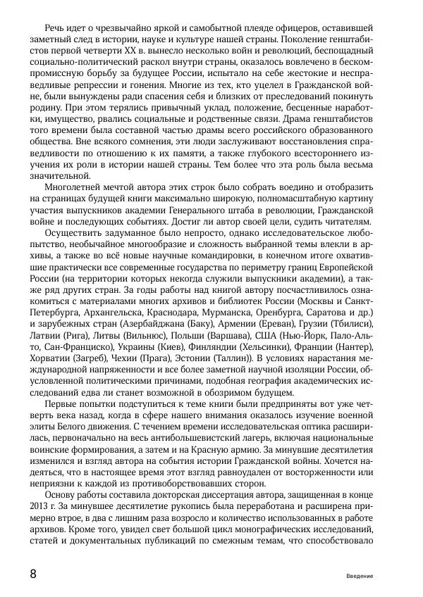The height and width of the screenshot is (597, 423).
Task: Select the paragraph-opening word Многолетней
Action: click(75, 187)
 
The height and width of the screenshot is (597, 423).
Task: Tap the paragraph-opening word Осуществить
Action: click(75, 233)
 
